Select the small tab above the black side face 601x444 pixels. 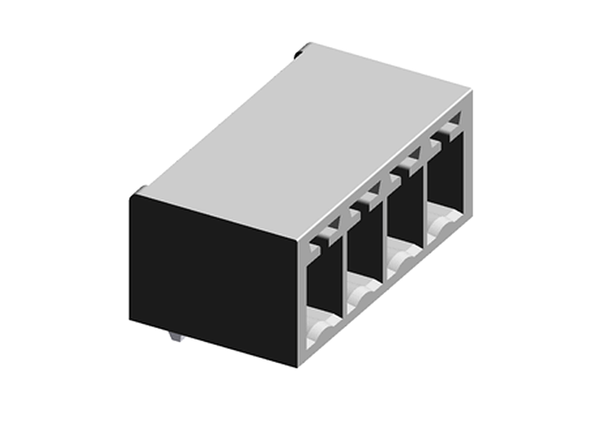[140, 192]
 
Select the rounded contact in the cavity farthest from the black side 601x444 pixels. [441, 228]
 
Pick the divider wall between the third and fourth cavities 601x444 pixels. [422, 205]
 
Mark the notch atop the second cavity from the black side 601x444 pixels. [366, 201]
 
